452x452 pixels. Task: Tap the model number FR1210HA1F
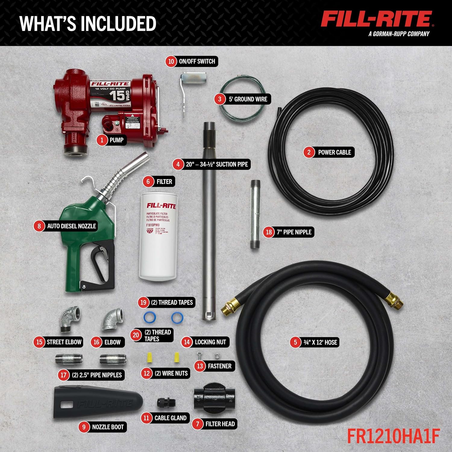(393, 436)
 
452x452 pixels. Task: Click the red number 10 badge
(171, 61)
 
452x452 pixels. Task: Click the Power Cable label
(334, 152)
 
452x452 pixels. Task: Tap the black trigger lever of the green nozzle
(99, 262)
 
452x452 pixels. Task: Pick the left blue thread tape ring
(149, 317)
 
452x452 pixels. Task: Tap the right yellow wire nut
(177, 357)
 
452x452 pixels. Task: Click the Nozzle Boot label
(108, 427)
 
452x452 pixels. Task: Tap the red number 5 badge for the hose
(295, 342)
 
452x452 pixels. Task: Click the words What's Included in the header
(88, 24)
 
